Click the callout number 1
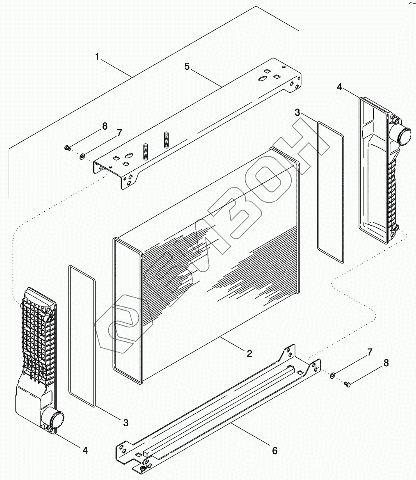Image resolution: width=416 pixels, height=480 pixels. point(97,57)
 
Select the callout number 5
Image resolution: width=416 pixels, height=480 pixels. point(187,66)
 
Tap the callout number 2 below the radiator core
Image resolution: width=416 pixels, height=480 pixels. point(249,354)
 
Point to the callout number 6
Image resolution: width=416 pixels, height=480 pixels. point(274,450)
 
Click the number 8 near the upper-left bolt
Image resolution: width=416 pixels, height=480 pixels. point(105,126)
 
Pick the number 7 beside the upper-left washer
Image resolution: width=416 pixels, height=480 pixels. point(119,133)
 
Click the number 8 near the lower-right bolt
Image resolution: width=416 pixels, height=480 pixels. point(386,363)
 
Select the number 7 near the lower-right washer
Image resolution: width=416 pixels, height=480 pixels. point(370,352)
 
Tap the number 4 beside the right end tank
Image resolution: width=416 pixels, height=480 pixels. point(339,87)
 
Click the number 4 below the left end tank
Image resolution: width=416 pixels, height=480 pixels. point(85,450)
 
